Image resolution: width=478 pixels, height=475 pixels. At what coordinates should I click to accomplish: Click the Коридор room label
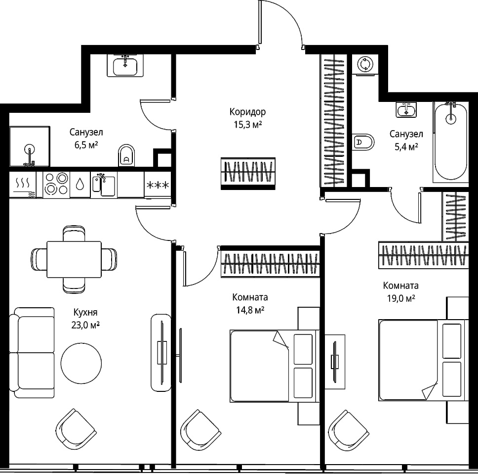click(247, 112)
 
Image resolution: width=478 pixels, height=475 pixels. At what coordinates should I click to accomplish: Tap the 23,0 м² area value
click(85, 325)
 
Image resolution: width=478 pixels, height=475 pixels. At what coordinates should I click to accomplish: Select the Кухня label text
click(85, 312)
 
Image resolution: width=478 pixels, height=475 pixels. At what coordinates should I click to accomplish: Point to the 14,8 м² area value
click(250, 310)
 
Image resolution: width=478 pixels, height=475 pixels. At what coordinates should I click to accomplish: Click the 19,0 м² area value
click(401, 298)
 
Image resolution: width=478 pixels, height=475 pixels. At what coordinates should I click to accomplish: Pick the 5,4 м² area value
click(406, 147)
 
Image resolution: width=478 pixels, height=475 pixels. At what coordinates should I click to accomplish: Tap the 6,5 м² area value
click(86, 145)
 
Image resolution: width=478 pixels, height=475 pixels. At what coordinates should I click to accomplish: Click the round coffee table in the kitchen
click(81, 363)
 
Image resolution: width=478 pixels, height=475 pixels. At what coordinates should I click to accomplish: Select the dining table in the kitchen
click(74, 259)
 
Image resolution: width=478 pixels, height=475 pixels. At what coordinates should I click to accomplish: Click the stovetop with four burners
click(56, 184)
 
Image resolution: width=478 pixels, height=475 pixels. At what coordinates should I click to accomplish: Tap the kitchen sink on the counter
click(104, 185)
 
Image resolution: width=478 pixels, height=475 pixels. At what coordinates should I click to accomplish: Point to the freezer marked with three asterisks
click(158, 185)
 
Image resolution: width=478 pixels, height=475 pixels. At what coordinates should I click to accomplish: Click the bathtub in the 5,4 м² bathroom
click(450, 142)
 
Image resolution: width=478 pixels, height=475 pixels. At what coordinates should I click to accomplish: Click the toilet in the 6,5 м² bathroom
click(126, 155)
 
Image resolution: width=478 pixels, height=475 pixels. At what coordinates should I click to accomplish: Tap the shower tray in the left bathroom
click(30, 146)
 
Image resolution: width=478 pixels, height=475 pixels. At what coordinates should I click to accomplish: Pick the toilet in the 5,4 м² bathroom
click(363, 142)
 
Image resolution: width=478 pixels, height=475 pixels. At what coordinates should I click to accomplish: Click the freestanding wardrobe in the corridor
click(248, 174)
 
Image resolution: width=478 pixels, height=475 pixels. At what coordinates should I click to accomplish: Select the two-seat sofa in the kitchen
click(32, 353)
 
